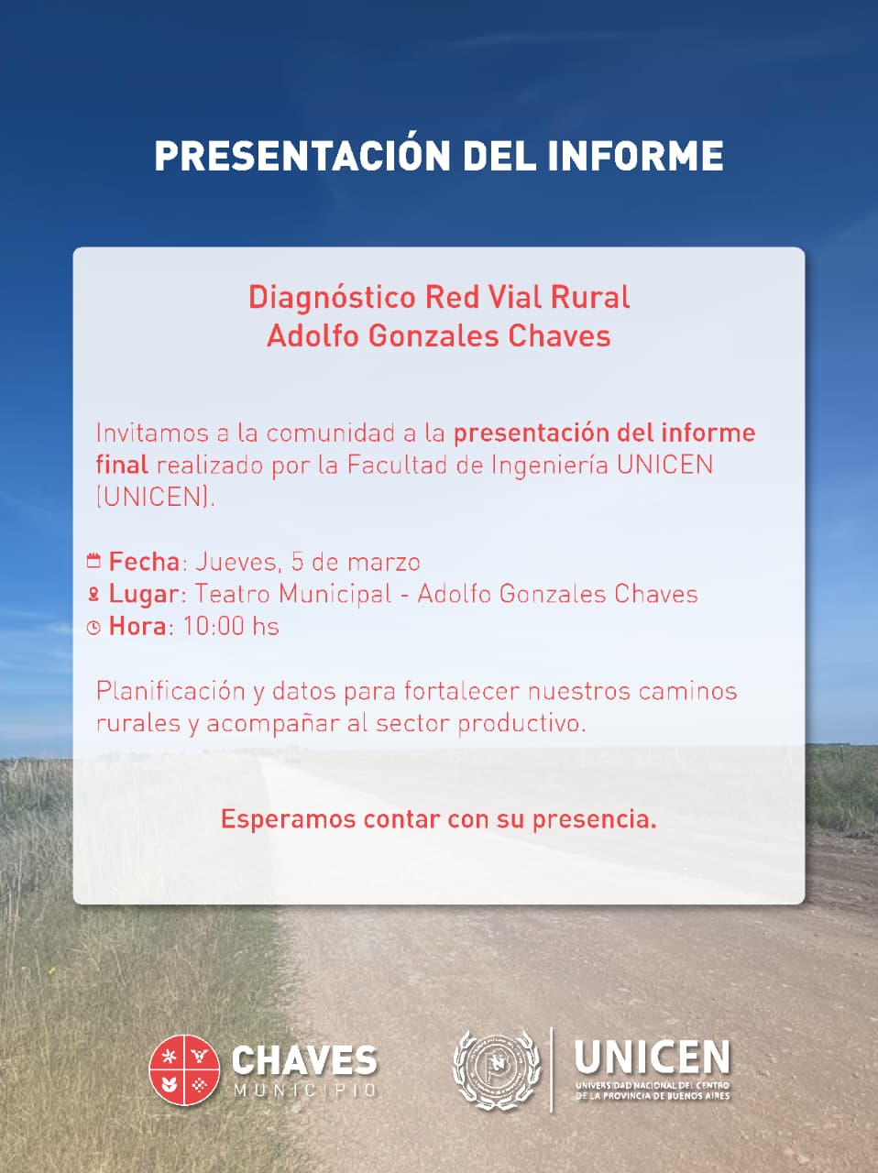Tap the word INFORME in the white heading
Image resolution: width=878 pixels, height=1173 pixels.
point(635,156)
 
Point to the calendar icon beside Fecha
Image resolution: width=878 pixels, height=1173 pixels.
point(93,561)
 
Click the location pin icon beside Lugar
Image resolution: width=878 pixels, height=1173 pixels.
point(93,595)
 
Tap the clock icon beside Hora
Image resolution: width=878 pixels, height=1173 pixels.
point(93,628)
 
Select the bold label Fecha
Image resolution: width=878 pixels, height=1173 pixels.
point(144,561)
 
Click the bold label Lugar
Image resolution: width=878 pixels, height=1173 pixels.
point(144,594)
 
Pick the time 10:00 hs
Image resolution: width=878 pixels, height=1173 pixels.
point(231,627)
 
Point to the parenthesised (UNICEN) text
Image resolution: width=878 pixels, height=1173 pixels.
point(154,497)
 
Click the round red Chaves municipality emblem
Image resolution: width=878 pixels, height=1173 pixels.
point(185,1069)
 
